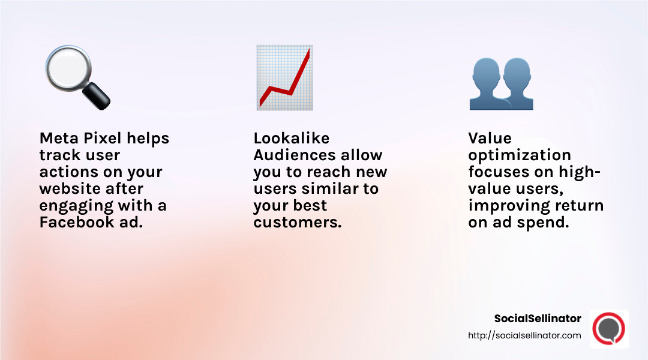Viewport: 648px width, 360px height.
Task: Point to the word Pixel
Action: pos(106,139)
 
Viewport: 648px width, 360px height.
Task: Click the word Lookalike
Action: pos(292,139)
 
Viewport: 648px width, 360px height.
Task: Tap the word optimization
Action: pos(519,155)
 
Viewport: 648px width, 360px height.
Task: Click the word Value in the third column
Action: pos(490,139)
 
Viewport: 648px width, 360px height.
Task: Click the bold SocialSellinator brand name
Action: pos(538,319)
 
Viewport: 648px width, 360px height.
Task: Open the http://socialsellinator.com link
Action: pos(524,336)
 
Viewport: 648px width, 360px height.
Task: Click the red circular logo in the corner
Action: pos(608,328)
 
